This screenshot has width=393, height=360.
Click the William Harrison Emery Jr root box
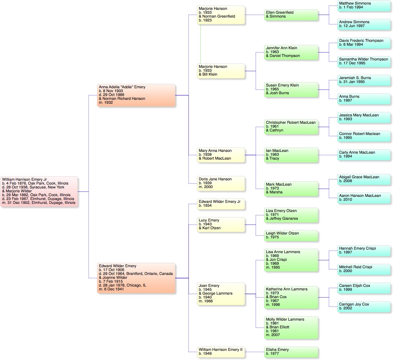39,192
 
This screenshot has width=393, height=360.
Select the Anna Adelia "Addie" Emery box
136,95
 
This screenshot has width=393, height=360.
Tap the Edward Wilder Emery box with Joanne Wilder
136,278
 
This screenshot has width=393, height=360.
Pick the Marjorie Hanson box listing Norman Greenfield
221,14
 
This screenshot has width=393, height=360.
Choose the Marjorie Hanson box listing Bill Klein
221,71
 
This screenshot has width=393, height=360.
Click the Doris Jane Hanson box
221,183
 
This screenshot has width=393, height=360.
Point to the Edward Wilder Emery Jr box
221,204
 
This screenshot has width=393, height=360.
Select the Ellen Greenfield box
291,14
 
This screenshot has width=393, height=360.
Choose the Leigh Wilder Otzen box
291,235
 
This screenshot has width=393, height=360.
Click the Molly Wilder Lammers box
291,327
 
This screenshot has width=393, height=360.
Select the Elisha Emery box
291,352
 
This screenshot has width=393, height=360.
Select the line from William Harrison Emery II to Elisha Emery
254,352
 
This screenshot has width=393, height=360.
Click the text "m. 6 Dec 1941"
111,289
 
